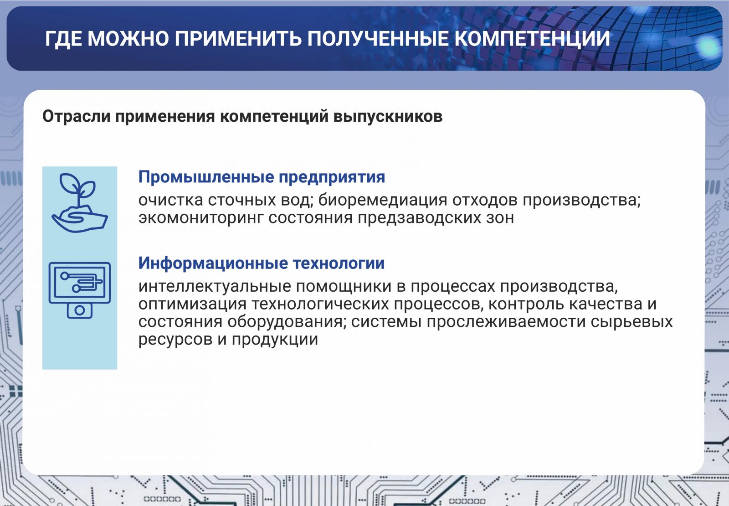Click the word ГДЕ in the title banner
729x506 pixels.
point(63,39)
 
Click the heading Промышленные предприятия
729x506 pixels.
point(262,177)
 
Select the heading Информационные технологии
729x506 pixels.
point(262,263)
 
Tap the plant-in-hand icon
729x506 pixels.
point(80,202)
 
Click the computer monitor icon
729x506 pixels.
point(80,290)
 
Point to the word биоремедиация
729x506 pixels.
point(382,200)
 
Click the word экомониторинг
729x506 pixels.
point(200,218)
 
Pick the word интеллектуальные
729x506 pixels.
point(215,287)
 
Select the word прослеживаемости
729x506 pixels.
point(506,322)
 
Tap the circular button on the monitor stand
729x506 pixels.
point(80,310)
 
